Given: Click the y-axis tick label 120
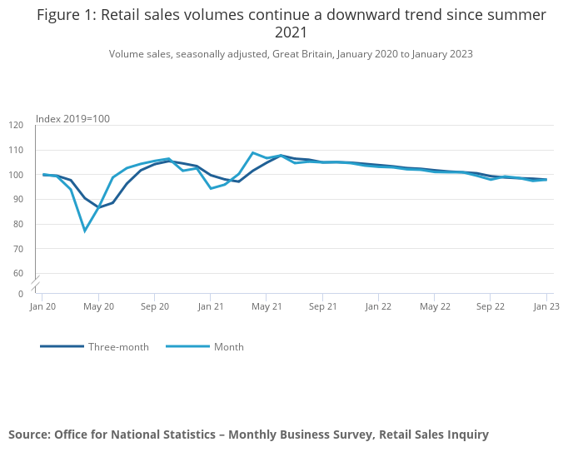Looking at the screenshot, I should click(x=17, y=125).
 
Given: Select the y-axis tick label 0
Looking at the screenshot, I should click(x=21, y=294).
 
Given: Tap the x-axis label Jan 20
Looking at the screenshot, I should click(x=42, y=307).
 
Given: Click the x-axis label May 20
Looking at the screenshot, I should click(x=99, y=307).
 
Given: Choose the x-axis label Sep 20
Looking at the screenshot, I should click(x=155, y=307).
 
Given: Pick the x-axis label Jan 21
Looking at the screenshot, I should click(x=211, y=307).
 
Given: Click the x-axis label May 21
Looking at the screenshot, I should click(x=267, y=307).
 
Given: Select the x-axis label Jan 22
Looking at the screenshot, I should click(x=379, y=307).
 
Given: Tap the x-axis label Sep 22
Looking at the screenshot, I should click(x=491, y=307).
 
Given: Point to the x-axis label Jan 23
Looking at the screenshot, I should click(x=546, y=307).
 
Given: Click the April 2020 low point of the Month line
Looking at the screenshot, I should click(x=85, y=231).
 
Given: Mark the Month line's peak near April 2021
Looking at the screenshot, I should click(x=252, y=153).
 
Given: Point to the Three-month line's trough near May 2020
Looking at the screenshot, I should click(x=99, y=207).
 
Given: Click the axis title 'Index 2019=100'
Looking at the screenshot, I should click(x=73, y=119).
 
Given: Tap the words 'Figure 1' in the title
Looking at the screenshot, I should click(x=66, y=15).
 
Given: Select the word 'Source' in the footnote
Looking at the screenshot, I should click(x=28, y=435).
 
